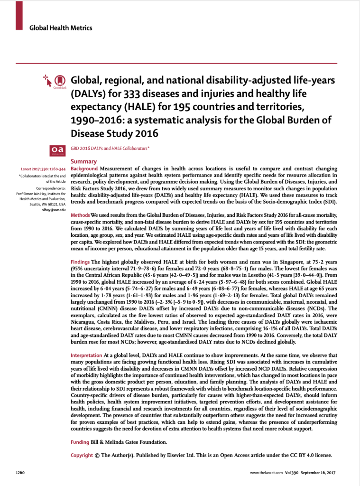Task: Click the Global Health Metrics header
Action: pos(61,28)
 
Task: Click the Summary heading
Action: pos(83,161)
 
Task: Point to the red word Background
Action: pos(84,169)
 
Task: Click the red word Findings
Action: pos(80,262)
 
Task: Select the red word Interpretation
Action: pos(86,355)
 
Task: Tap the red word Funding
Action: pos(80,442)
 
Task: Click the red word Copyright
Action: pos(82,455)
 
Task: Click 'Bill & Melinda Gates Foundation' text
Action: pos(129,442)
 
